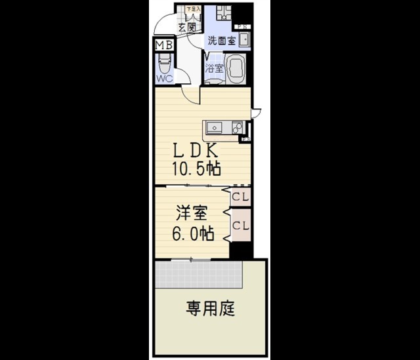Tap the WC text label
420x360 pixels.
[x=163, y=79]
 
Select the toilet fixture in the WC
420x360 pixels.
[x=163, y=63]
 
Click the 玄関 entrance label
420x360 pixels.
[x=187, y=28]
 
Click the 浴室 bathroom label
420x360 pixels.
[x=214, y=68]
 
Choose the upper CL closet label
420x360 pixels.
[x=240, y=196]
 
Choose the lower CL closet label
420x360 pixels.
[x=240, y=226]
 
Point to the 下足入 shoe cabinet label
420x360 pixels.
[x=193, y=9]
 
